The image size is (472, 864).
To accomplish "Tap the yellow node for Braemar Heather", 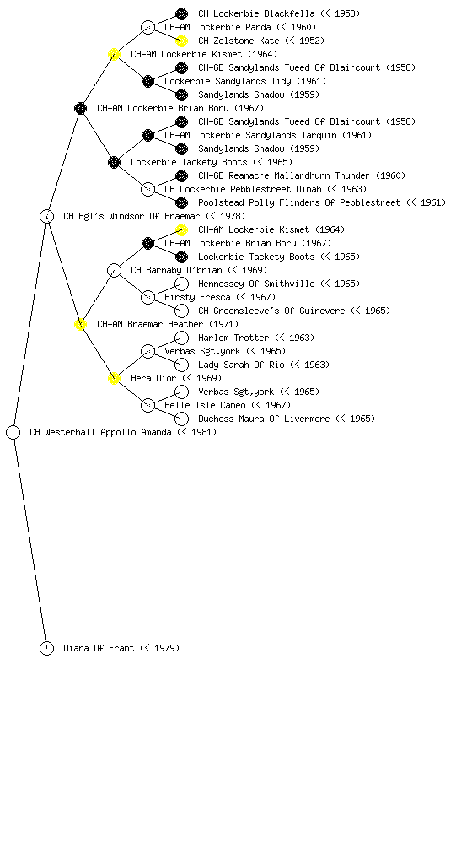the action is (x=80, y=324).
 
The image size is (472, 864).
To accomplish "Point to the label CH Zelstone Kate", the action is (x=239, y=40).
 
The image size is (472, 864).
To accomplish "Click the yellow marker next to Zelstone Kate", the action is (x=181, y=40).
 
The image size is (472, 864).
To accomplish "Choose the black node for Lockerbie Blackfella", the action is (x=181, y=13).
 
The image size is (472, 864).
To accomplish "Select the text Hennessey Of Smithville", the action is (x=256, y=283).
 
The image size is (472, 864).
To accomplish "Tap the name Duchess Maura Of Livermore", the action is (x=264, y=418).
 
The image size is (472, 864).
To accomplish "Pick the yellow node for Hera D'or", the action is (x=114, y=378).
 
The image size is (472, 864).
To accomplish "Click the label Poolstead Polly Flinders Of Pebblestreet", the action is (x=299, y=202).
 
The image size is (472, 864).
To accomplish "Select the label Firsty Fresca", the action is (x=197, y=297).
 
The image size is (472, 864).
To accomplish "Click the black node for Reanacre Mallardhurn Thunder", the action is (x=181, y=175).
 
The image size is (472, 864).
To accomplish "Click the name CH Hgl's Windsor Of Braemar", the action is (x=131, y=216).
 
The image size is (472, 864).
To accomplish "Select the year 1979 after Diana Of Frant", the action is (x=164, y=648).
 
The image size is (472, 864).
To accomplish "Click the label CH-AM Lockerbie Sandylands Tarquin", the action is (x=250, y=135).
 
